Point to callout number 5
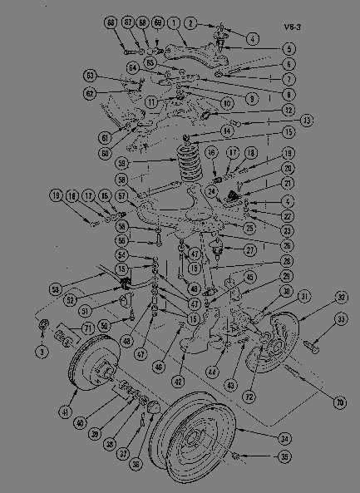point(288,48)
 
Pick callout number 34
point(287,437)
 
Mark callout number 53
point(56,289)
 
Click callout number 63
point(91,76)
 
